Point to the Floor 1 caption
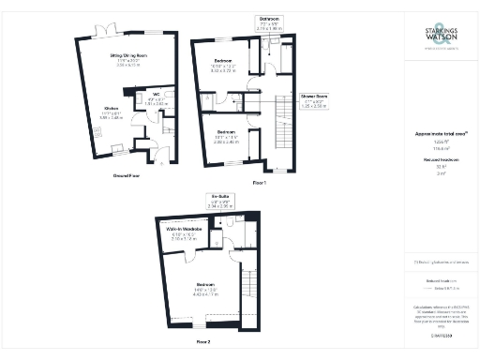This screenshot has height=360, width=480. click(x=259, y=182)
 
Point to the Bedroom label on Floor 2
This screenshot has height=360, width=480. click(x=208, y=283)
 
